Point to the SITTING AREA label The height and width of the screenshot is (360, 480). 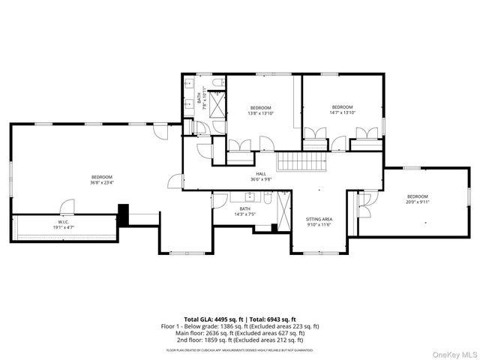[319, 219]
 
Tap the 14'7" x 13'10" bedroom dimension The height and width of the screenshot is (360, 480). [342, 112]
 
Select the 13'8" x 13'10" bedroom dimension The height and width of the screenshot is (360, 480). [261, 112]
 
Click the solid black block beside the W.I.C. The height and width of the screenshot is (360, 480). [124, 214]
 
